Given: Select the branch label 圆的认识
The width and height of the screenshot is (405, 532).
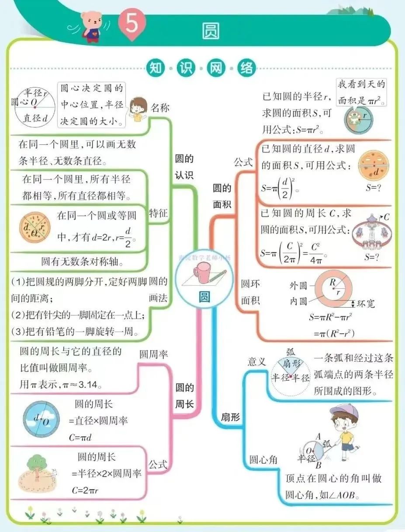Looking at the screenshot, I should [184, 167].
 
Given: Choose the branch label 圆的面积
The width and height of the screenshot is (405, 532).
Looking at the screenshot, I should [222, 196].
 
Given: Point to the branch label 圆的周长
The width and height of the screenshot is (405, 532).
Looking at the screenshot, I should [184, 395].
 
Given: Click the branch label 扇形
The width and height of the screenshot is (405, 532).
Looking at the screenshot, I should [231, 417].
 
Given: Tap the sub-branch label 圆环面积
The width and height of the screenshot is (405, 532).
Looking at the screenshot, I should [250, 292].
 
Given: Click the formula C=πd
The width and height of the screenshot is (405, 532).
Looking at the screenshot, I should [82, 437].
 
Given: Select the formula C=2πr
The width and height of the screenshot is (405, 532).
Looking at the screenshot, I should [85, 490].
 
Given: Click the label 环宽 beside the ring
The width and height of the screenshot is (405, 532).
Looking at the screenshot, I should [366, 303].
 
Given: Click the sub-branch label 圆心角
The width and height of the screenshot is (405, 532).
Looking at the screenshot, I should [263, 460].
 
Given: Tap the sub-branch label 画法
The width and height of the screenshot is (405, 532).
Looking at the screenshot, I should [158, 298].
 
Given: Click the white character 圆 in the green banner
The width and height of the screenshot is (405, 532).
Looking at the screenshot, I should [211, 31].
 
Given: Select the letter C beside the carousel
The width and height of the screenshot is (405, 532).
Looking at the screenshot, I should [387, 217].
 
